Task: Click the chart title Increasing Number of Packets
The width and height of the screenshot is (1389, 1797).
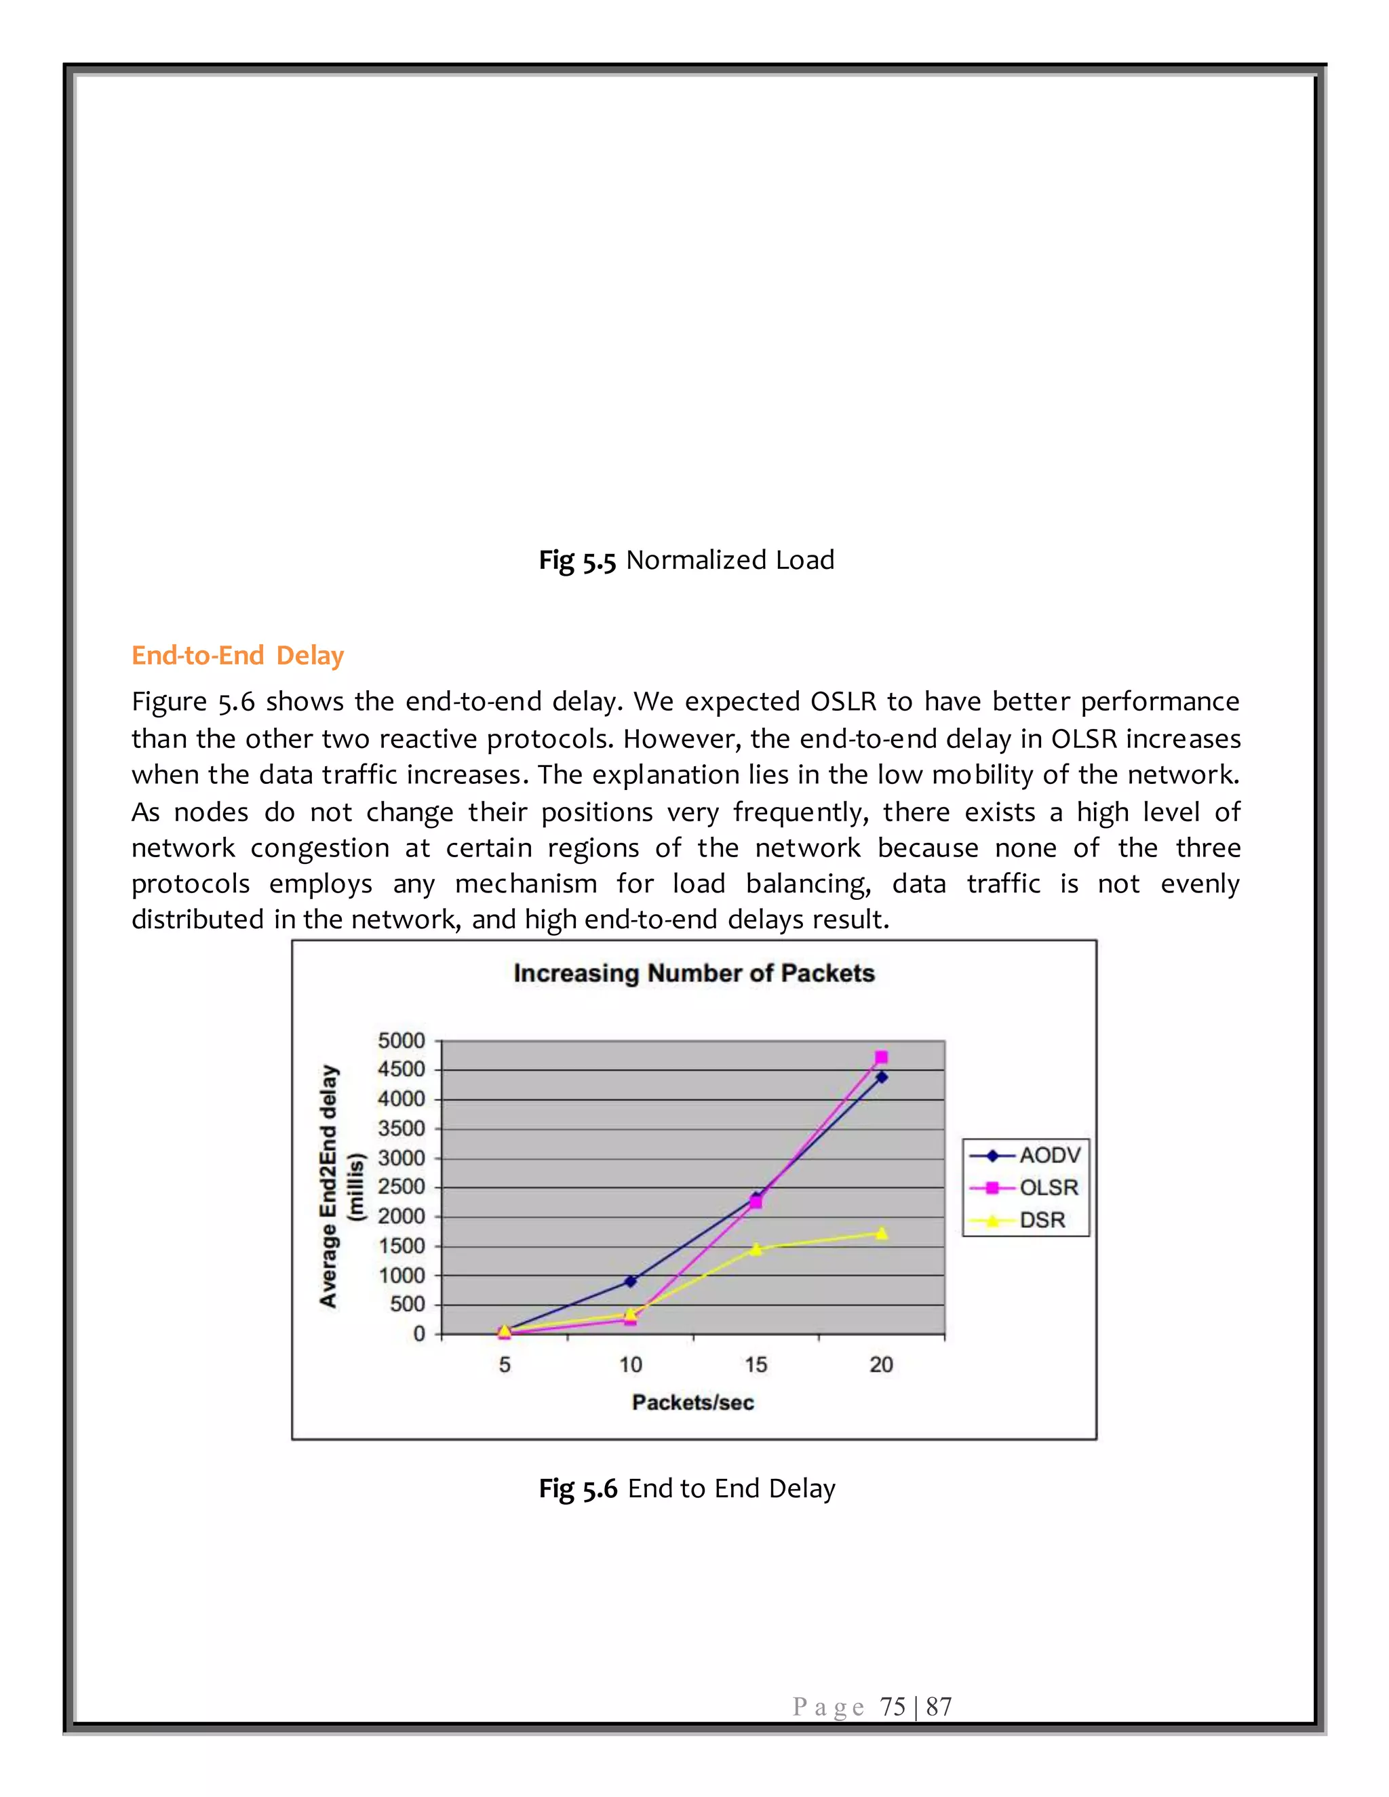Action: coord(694,973)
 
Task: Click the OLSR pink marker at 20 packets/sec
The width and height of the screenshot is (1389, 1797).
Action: coord(881,1057)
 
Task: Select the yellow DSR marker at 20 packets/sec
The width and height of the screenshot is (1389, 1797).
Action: coord(881,1233)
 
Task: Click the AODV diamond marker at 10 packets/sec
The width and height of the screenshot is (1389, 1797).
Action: coord(630,1281)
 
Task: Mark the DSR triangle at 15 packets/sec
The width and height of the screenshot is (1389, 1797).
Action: coord(756,1249)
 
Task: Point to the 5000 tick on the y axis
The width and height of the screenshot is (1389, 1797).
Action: coord(402,1041)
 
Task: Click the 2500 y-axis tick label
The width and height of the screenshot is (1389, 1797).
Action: coord(402,1187)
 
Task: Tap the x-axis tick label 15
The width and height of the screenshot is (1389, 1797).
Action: coord(756,1365)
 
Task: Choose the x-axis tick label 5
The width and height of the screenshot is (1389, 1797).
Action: coord(505,1365)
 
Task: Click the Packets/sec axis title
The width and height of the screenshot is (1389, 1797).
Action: coord(693,1403)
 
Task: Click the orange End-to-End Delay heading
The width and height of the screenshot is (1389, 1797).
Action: coord(238,656)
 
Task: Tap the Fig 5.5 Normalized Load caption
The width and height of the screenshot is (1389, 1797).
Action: coord(686,560)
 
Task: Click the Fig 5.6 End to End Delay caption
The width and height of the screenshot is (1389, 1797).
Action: coord(687,1488)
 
